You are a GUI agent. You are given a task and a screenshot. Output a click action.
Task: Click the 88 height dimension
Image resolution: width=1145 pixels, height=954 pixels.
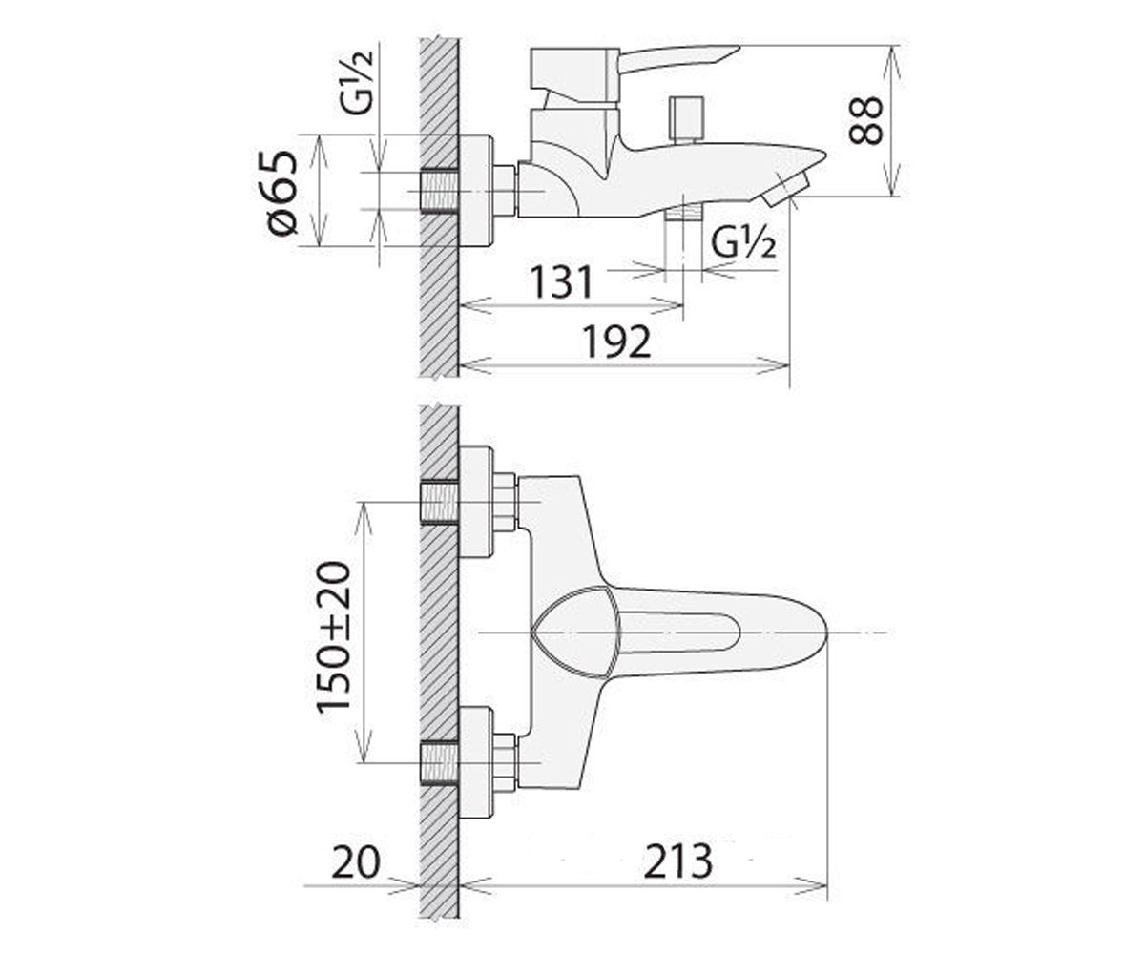(865, 120)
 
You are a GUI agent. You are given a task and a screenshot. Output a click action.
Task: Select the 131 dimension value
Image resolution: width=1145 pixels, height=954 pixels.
(561, 282)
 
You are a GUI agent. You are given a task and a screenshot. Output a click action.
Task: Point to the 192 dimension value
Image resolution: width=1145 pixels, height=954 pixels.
(616, 342)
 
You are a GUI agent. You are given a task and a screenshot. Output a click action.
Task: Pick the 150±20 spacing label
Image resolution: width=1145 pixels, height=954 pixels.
(333, 636)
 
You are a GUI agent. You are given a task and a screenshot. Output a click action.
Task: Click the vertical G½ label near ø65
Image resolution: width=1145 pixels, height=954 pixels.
(359, 82)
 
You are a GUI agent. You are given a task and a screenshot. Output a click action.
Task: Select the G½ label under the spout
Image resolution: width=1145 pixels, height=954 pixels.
(743, 243)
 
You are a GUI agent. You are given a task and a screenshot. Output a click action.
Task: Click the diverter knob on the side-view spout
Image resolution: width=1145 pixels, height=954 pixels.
(689, 119)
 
